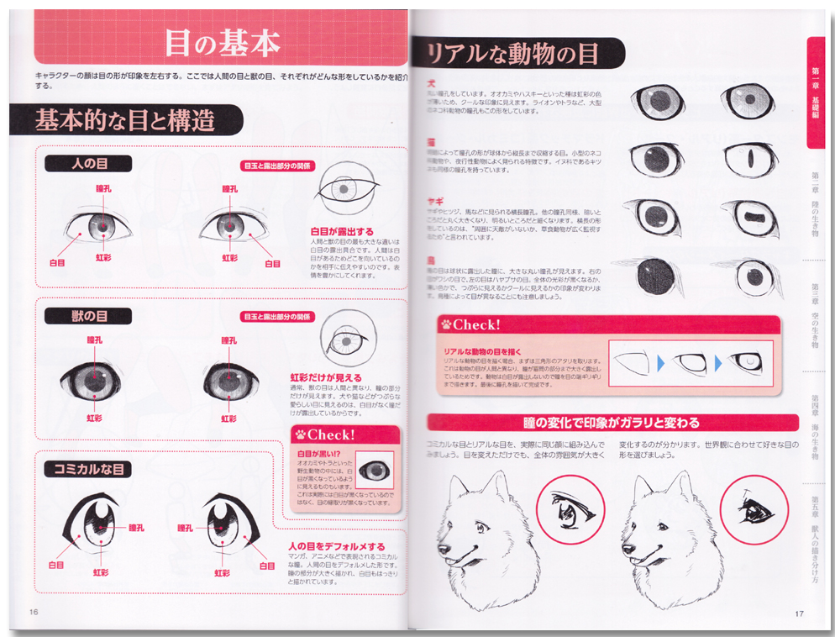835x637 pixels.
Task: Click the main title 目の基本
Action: pyautogui.click(x=221, y=42)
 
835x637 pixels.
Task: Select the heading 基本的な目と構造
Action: pyautogui.click(x=124, y=120)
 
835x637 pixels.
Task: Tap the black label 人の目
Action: pyautogui.click(x=87, y=164)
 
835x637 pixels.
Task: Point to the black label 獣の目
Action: pyautogui.click(x=87, y=316)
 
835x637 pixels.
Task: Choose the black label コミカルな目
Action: pyautogui.click(x=87, y=469)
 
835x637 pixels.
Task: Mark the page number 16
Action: pyautogui.click(x=34, y=612)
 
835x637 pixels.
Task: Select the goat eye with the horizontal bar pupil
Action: pyautogui.click(x=751, y=218)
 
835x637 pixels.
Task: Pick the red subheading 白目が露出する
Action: pyautogui.click(x=342, y=231)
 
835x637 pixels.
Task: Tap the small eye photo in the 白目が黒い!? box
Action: pyautogui.click(x=375, y=470)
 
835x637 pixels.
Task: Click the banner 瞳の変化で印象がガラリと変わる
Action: pyautogui.click(x=611, y=422)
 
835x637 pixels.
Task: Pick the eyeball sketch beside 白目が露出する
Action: pyautogui.click(x=346, y=190)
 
